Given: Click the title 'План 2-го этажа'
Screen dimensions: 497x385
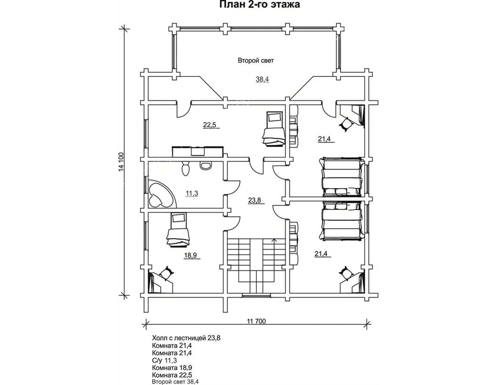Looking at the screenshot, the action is point(260,5).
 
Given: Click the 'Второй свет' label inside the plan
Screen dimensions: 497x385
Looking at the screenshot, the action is point(256,61).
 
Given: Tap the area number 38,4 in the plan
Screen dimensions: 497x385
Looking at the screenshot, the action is point(262,79).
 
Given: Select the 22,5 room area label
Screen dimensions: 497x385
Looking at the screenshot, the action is point(209,125).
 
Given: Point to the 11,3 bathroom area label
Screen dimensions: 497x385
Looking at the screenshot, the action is point(192,193).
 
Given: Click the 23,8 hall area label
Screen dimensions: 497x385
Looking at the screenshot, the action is point(254,201).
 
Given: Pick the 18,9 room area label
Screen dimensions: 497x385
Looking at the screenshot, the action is point(190,255).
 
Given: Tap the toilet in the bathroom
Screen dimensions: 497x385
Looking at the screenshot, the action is point(185,168).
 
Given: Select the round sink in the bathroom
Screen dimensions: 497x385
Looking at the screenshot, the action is point(206,166).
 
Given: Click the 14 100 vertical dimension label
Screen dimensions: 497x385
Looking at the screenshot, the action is point(121,162).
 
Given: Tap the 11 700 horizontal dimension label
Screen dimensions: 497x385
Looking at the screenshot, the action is point(257,321).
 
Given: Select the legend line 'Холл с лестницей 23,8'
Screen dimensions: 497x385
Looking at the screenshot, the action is point(186,338).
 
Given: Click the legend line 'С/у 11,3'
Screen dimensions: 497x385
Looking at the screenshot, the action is point(165,360).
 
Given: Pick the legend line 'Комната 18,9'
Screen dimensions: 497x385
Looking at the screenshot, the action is point(172,367).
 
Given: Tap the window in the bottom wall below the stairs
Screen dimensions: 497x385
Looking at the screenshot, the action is point(257,296).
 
